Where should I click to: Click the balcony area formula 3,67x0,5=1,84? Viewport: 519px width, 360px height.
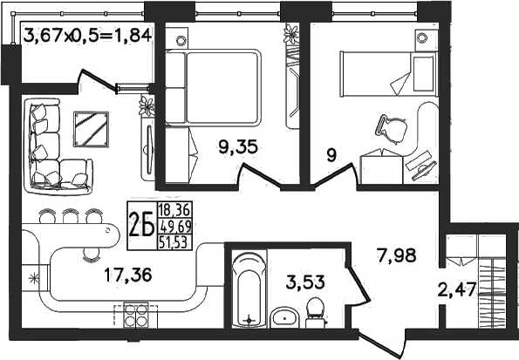tap(88, 36)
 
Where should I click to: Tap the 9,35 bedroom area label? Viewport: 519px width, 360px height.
tap(238, 147)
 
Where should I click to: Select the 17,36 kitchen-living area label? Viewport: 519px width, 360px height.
tap(128, 275)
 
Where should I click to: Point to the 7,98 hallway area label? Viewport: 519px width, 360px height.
tap(396, 255)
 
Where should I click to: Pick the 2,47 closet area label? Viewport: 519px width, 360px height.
tap(457, 290)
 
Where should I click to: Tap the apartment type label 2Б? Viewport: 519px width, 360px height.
tap(141, 225)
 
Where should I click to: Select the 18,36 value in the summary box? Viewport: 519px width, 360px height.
tap(174, 209)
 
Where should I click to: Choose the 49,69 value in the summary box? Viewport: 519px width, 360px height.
tap(175, 227)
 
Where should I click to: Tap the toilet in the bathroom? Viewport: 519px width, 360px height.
tap(315, 312)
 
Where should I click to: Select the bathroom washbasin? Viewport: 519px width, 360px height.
tap(285, 317)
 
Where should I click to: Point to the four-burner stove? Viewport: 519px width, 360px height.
tap(136, 315)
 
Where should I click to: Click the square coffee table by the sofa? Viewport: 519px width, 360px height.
tap(91, 129)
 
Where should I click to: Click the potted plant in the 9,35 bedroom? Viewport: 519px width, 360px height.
tap(291, 34)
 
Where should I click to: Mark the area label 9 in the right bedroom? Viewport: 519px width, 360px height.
tap(331, 155)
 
